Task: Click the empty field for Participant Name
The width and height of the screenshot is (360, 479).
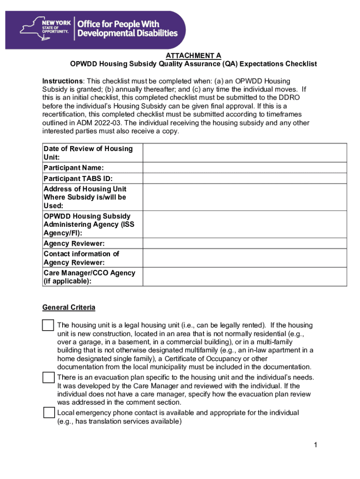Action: pyautogui.click(x=245, y=167)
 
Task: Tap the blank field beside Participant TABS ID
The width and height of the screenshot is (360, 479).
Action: pyautogui.click(x=245, y=178)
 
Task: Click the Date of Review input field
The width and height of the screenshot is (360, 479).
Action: pyautogui.click(x=245, y=152)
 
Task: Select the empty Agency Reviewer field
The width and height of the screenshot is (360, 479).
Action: pyautogui.click(x=245, y=243)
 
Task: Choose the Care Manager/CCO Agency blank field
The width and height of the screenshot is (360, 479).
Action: pyautogui.click(x=245, y=276)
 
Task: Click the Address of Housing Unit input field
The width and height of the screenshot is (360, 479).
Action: pyautogui.click(x=245, y=197)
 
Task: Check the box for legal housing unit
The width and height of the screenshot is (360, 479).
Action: pyautogui.click(x=48, y=325)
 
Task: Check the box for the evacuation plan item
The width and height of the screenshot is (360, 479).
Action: pyautogui.click(x=48, y=377)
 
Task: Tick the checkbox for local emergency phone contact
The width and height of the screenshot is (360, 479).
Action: pyautogui.click(x=49, y=413)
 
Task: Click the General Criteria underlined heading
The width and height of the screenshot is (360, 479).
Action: pyautogui.click(x=69, y=307)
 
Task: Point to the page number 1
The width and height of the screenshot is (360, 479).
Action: pyautogui.click(x=316, y=445)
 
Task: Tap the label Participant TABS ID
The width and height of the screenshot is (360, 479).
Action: pyautogui.click(x=78, y=178)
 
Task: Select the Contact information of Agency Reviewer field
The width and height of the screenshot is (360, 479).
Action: pyautogui.click(x=245, y=258)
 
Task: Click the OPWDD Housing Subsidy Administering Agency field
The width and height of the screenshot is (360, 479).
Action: pyautogui.click(x=245, y=224)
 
